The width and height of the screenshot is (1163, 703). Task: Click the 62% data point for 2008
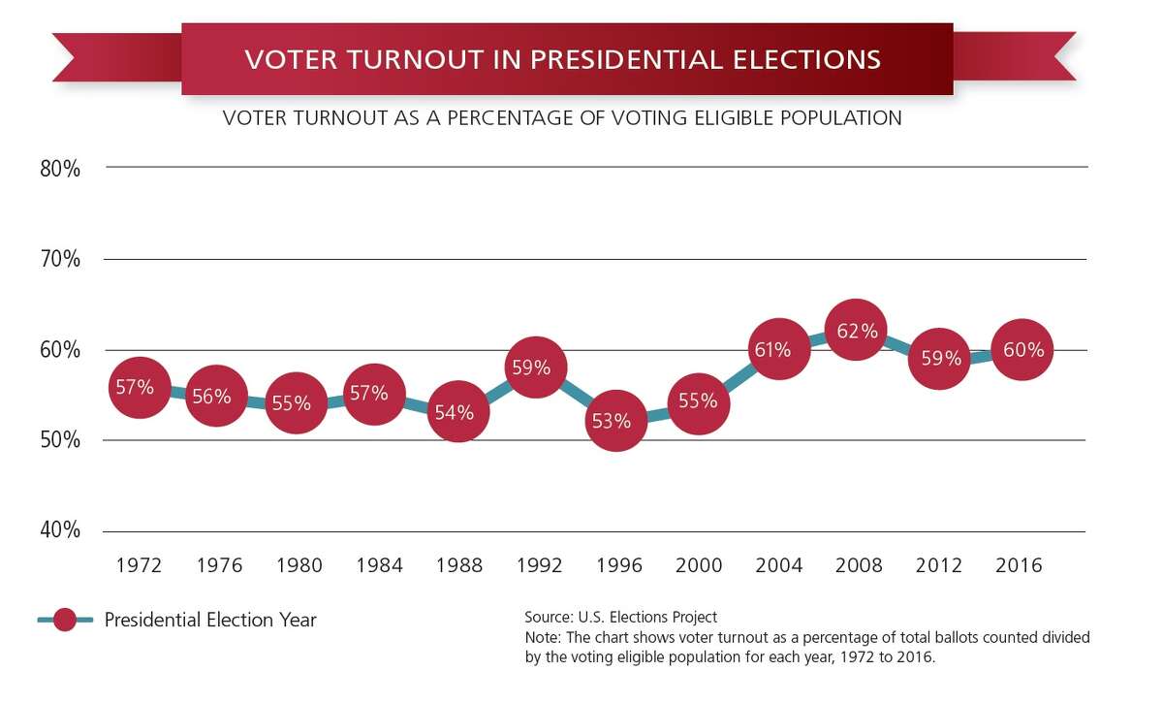(857, 331)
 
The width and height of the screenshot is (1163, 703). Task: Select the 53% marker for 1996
(615, 421)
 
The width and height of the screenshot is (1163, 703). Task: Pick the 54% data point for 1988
(455, 412)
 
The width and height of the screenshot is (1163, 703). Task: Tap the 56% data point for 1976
(216, 396)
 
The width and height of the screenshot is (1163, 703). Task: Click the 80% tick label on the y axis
(60, 169)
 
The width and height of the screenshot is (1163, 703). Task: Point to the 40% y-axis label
(60, 530)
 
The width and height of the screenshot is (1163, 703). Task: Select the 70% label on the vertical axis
(60, 259)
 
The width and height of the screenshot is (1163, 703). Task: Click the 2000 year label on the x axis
(698, 565)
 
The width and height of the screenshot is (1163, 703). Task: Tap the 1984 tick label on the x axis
(379, 565)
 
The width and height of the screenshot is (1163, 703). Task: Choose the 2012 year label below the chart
(938, 565)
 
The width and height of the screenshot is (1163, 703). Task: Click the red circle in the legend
(66, 620)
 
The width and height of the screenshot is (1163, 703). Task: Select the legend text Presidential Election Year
(210, 620)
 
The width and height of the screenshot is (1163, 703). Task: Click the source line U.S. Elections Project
(620, 617)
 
